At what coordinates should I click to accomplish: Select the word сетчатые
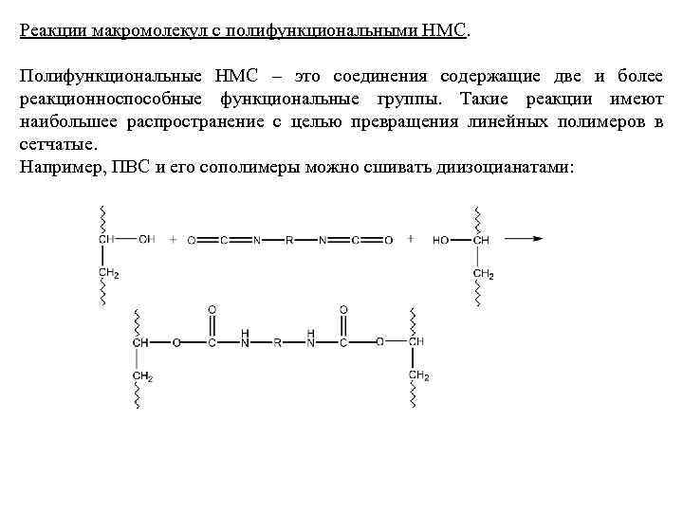click(56, 145)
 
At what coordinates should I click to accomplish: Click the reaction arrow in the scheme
click(523, 239)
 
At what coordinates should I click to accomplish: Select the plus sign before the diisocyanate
click(173, 240)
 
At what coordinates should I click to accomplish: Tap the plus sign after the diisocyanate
click(411, 240)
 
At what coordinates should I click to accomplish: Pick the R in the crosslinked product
click(277, 342)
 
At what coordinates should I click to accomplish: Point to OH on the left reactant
click(146, 240)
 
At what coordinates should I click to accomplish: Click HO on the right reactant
click(441, 240)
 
